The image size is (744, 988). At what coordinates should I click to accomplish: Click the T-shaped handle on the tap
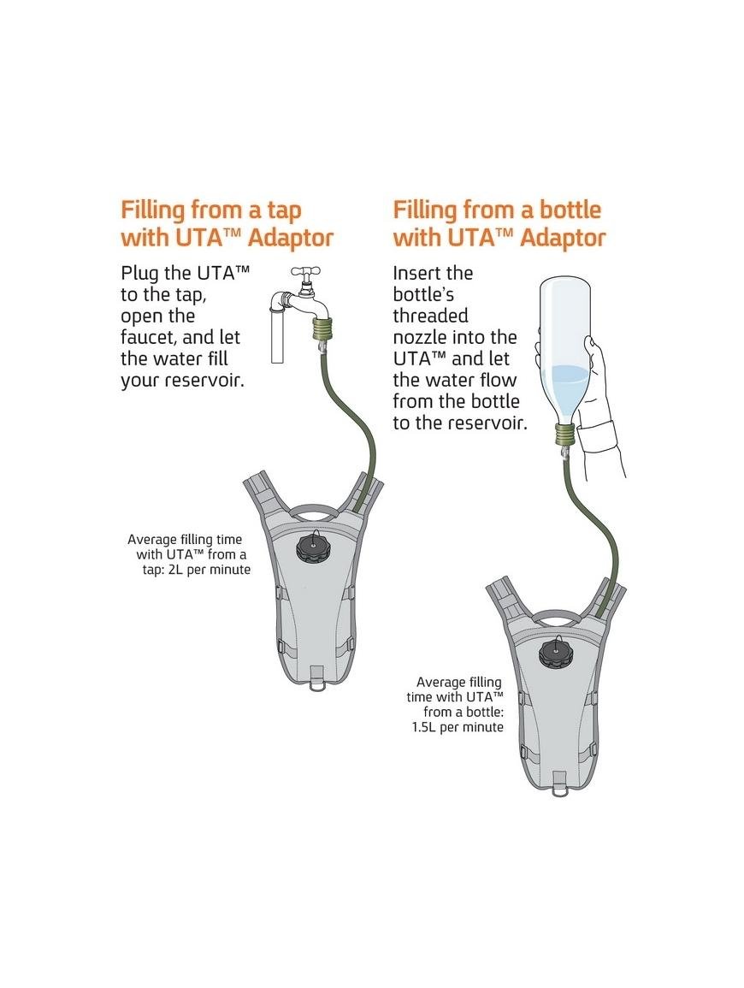pyautogui.click(x=305, y=272)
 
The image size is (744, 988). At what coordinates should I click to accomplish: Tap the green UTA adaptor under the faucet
pyautogui.click(x=323, y=329)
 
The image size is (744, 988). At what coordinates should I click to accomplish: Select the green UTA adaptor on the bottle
pyautogui.click(x=565, y=434)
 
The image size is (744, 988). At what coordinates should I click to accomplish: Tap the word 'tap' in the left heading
pyautogui.click(x=278, y=211)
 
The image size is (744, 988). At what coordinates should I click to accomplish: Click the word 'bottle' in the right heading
pyautogui.click(x=570, y=210)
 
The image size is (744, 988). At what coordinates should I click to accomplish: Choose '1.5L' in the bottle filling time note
pyautogui.click(x=424, y=727)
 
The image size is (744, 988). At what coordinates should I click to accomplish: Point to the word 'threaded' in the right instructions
pyautogui.click(x=431, y=316)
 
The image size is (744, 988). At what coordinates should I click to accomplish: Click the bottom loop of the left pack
pyautogui.click(x=316, y=684)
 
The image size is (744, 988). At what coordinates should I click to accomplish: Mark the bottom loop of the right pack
pyautogui.click(x=558, y=788)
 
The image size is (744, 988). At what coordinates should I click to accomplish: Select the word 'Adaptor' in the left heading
pyautogui.click(x=291, y=239)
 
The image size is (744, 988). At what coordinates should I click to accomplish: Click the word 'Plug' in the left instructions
pyautogui.click(x=139, y=274)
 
